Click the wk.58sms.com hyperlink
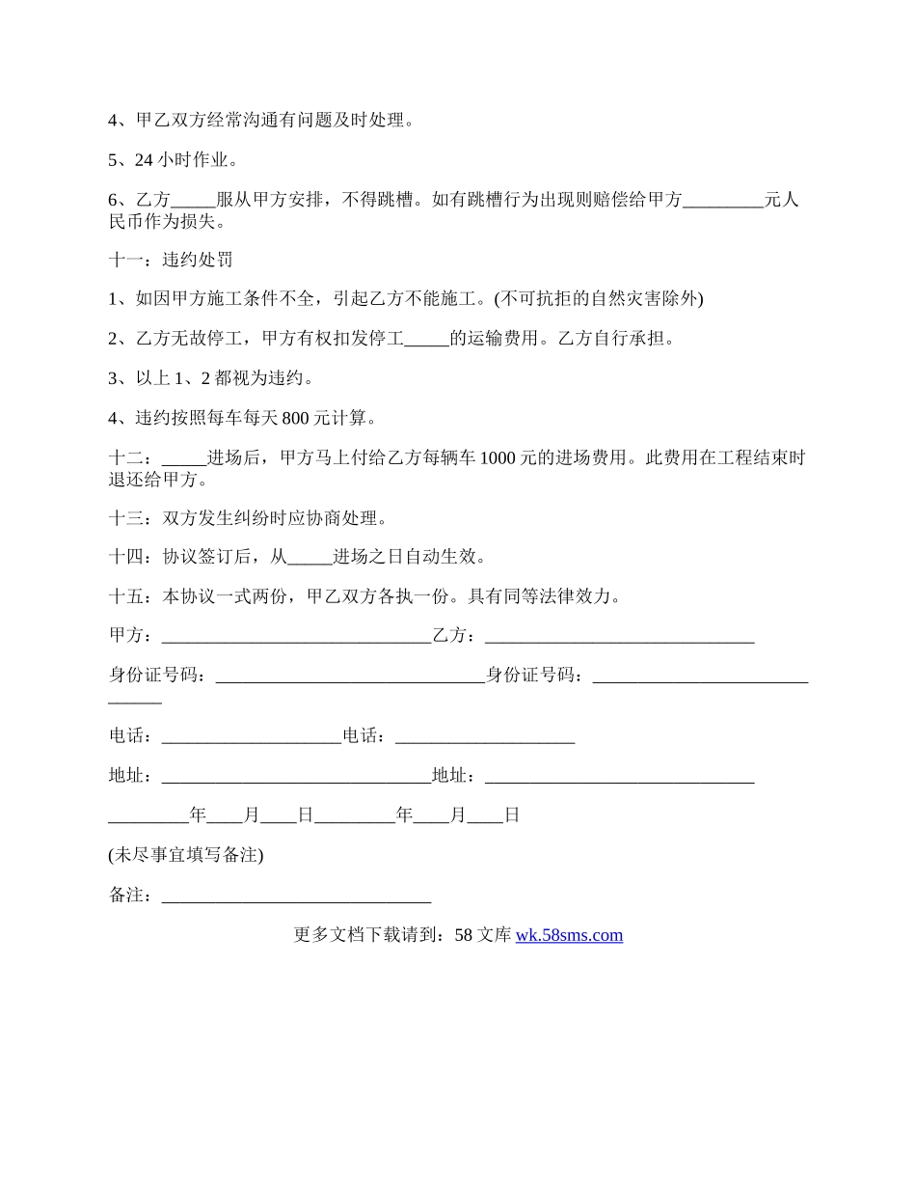(x=569, y=934)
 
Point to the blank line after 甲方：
(x=296, y=637)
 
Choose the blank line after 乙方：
(x=619, y=637)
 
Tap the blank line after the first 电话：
(x=252, y=737)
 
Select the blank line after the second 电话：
(x=485, y=737)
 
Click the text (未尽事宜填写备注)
(x=186, y=854)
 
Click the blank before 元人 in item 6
(x=722, y=201)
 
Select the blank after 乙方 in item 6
(x=193, y=201)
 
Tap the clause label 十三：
(x=130, y=518)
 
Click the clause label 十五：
(x=130, y=596)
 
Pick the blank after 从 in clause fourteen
(x=310, y=558)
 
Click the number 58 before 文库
(x=463, y=934)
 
